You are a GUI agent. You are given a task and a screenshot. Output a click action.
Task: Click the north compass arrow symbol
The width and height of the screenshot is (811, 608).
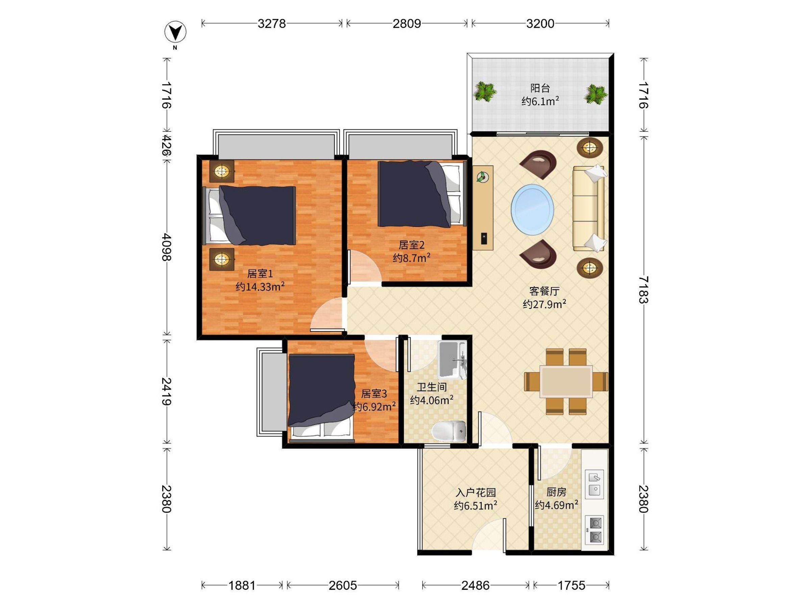coord(175,32)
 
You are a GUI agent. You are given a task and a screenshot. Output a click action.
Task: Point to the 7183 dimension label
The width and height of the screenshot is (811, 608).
coord(643,290)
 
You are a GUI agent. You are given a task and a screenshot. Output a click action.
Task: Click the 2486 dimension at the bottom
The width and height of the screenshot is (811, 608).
coord(475,585)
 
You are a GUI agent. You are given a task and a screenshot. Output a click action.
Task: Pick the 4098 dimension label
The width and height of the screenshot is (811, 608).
coord(167,247)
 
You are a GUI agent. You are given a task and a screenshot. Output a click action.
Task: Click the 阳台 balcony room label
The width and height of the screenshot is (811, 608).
coord(540,88)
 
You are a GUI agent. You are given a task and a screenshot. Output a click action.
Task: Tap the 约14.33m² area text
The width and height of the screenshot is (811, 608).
coord(260,286)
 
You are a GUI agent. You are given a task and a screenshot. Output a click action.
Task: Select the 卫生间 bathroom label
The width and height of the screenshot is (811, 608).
coord(432,387)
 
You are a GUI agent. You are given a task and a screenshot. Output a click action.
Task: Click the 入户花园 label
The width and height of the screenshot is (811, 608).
coord(475,492)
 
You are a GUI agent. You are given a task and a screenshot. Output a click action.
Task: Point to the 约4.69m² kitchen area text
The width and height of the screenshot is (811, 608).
coord(556,505)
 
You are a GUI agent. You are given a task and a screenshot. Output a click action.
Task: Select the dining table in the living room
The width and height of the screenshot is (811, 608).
coord(566,381)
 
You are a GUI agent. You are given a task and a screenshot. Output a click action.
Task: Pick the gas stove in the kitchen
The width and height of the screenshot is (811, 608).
coord(594,530)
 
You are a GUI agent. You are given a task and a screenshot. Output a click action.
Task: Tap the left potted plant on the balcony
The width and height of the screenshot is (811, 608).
coord(485,92)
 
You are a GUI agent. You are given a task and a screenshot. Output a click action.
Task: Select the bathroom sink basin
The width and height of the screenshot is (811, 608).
coord(452,360)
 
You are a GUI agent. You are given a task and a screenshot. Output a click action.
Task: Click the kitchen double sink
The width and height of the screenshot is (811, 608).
coord(594,484)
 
